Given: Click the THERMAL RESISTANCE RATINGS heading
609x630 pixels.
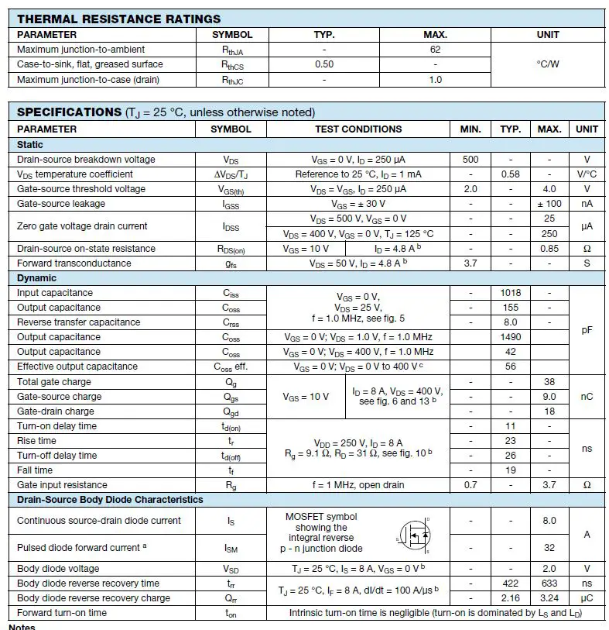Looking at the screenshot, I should click(118, 19).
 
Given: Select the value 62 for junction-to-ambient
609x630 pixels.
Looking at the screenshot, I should click(435, 50).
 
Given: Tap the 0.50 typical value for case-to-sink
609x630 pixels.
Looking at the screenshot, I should click(324, 64).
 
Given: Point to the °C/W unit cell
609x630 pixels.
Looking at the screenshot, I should click(548, 64).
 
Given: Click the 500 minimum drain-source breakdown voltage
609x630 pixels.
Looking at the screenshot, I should click(470, 160).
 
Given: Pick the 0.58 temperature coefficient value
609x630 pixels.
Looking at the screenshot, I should click(510, 174).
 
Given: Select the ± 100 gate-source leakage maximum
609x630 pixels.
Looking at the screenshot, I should click(549, 204).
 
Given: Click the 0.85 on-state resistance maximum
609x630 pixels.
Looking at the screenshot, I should click(549, 249).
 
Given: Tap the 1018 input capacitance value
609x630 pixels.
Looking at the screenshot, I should click(510, 293).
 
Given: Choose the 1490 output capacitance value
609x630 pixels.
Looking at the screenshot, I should click(510, 337).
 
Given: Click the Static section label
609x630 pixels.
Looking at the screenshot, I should click(30, 145).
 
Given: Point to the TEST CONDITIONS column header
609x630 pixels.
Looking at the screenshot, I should click(358, 129).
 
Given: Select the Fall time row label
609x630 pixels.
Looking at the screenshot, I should click(35, 470).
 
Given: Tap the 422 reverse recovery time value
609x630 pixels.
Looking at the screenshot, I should click(510, 584).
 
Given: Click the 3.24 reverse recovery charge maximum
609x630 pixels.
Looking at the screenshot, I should click(549, 598).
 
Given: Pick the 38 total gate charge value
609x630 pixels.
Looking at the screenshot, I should click(549, 382).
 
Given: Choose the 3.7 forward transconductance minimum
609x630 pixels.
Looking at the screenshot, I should click(470, 263).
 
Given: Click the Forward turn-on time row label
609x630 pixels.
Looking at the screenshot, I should click(62, 613).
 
